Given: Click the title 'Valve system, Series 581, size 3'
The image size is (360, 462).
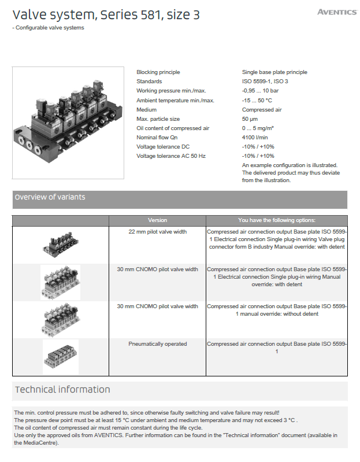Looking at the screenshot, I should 106,16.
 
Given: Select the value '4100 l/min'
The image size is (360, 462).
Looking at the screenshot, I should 255,138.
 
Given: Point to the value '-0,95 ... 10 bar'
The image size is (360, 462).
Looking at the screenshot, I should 261,91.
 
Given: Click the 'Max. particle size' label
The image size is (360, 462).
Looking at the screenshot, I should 158,119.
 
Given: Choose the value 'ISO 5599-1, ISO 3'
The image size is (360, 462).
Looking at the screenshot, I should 265,82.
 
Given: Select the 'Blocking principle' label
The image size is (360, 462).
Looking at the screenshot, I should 158,72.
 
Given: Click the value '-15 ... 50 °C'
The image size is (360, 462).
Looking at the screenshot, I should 258,100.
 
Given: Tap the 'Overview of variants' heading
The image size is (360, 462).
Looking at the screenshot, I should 50,197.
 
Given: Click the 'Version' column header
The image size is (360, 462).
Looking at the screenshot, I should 157,220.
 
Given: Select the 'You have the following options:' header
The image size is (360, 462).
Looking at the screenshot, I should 277,220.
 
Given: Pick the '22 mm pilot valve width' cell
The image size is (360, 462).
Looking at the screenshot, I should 157,231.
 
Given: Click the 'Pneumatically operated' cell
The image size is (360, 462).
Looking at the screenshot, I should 157,344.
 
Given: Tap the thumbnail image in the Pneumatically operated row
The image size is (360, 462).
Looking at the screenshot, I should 60,357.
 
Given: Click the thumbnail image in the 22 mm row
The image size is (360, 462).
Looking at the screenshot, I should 60,244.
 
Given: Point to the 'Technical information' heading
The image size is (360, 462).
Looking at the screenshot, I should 62,390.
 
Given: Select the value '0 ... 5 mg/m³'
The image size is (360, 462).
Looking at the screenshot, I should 258,128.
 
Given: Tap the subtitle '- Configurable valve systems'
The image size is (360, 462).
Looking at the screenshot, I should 48,28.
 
